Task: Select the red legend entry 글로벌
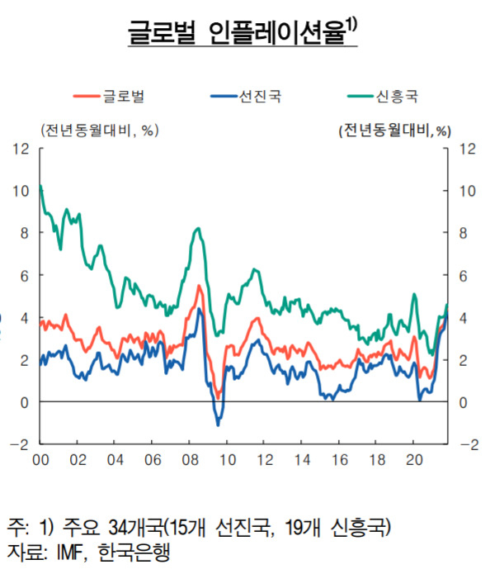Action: (109, 97)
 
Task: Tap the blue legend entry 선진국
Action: (246, 97)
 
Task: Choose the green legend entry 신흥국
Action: (383, 97)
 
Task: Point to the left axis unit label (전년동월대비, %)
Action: (100, 130)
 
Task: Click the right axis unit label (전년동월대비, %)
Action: (395, 130)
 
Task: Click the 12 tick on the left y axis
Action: (21, 149)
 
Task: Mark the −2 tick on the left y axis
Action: (19, 445)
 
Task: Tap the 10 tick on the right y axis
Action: (468, 191)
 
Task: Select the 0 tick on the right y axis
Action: (464, 403)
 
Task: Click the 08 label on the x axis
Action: (191, 460)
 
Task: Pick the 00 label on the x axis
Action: (40, 460)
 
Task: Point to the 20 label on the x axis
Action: (414, 460)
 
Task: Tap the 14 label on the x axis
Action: (303, 460)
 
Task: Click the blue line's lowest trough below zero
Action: (219, 425)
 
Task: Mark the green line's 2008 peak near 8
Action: (199, 229)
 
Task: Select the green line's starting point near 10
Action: (40, 186)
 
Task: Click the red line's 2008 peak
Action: (199, 286)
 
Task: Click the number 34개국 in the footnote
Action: (137, 528)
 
